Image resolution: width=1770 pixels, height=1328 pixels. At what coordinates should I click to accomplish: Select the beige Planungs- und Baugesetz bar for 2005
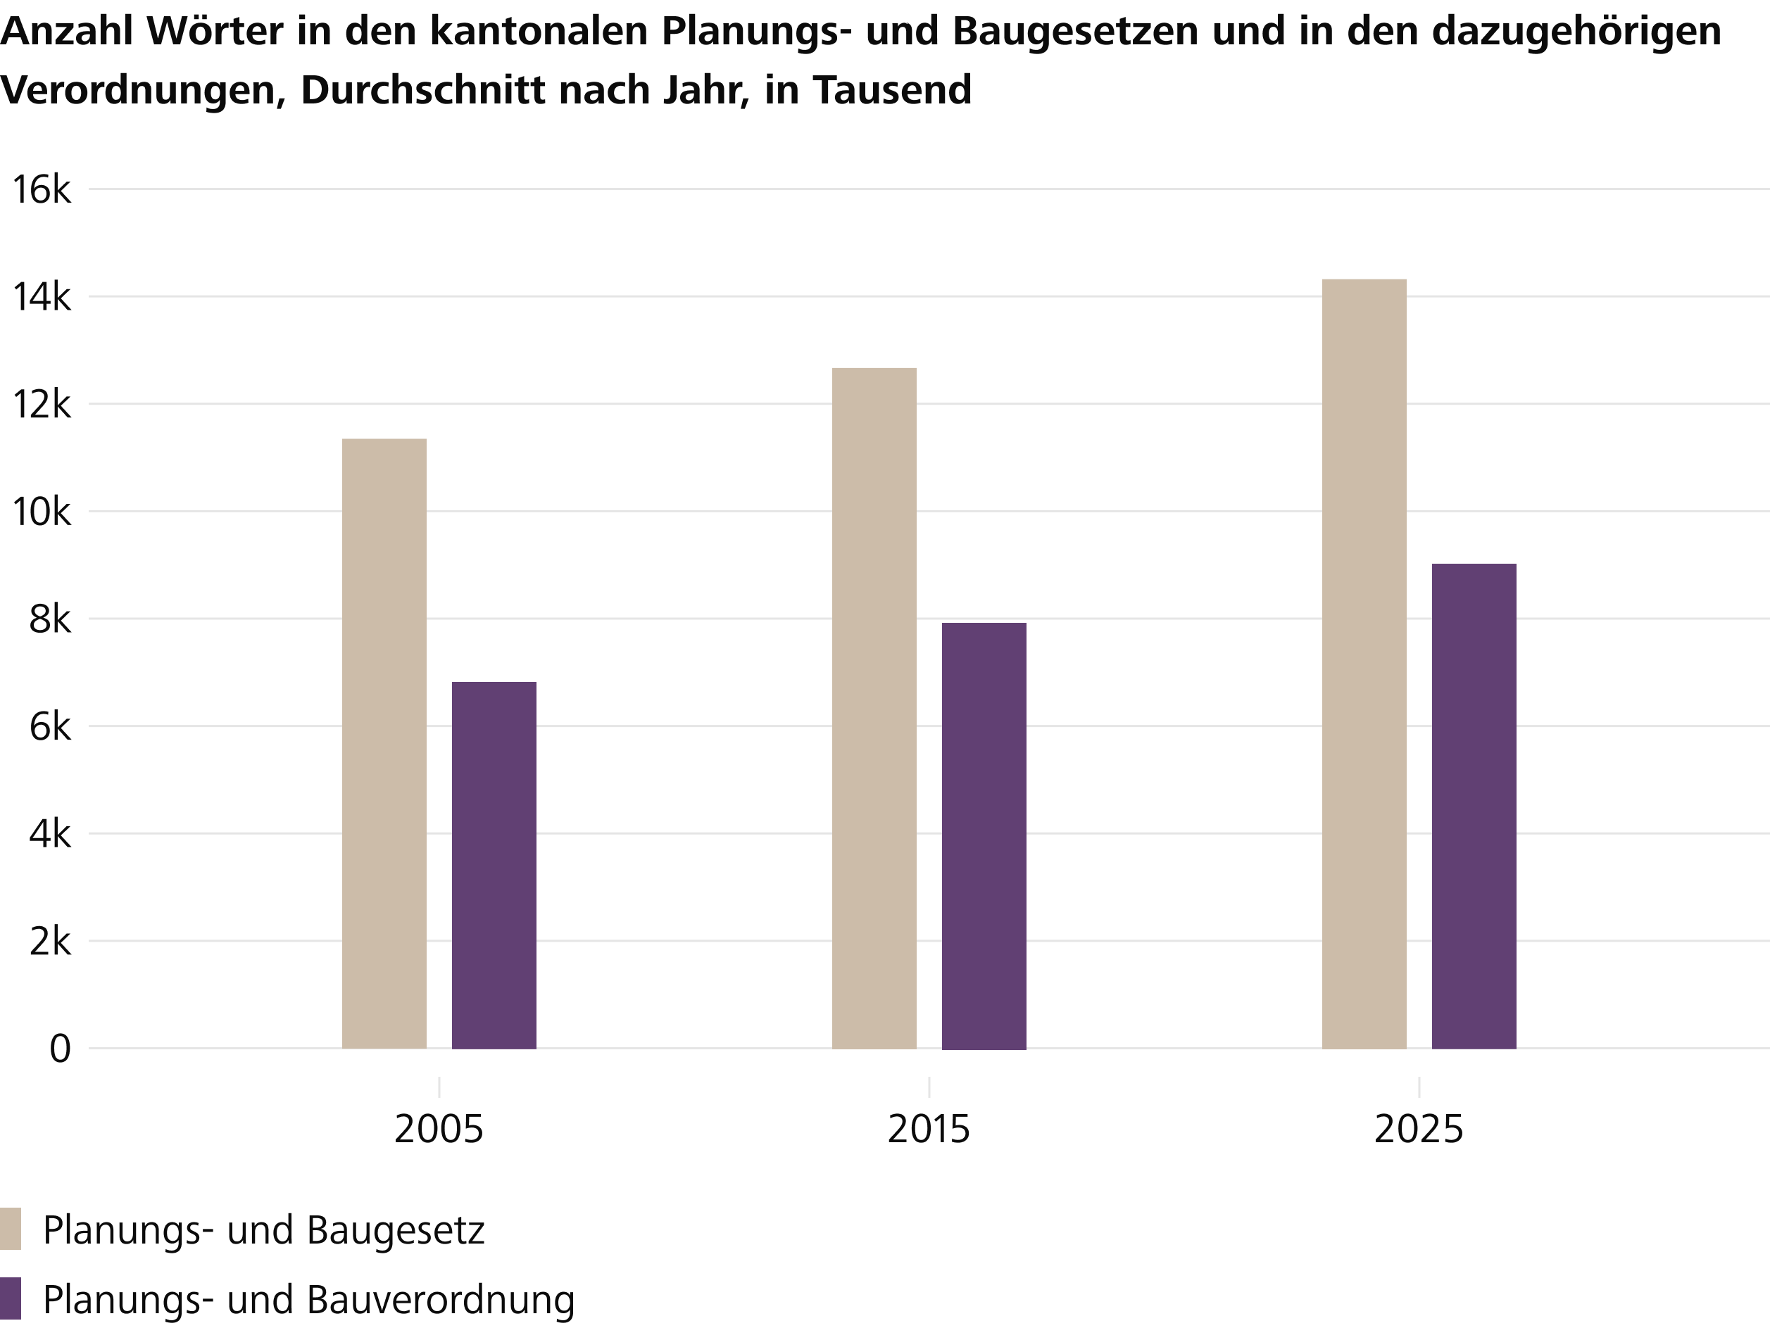pyautogui.click(x=384, y=743)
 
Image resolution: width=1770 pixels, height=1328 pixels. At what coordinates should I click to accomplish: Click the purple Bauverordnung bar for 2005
pyautogui.click(x=494, y=865)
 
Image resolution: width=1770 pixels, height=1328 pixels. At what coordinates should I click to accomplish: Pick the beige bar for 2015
pyautogui.click(x=874, y=708)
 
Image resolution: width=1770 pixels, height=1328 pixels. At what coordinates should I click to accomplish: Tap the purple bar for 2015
pyautogui.click(x=984, y=836)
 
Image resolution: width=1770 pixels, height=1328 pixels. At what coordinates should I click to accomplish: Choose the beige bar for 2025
pyautogui.click(x=1364, y=664)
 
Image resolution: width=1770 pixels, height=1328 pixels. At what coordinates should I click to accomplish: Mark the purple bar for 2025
pyautogui.click(x=1474, y=807)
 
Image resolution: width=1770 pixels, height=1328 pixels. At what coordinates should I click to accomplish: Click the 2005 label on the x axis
pyautogui.click(x=439, y=1130)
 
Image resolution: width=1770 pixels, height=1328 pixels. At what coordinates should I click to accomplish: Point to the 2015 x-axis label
pyautogui.click(x=929, y=1130)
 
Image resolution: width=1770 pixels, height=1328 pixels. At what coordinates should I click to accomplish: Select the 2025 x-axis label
pyautogui.click(x=1419, y=1130)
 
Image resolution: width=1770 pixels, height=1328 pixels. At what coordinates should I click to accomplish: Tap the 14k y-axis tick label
pyautogui.click(x=42, y=298)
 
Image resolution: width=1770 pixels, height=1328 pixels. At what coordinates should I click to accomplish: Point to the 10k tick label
pyautogui.click(x=42, y=512)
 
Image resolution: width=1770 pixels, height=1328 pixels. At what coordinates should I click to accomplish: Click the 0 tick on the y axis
pyautogui.click(x=60, y=1049)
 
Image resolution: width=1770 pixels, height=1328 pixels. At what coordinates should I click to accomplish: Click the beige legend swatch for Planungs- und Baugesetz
pyautogui.click(x=11, y=1229)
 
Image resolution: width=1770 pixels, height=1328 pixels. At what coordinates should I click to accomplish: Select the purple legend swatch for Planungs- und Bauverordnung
pyautogui.click(x=11, y=1298)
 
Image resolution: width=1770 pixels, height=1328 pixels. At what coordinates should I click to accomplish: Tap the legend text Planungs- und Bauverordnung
pyautogui.click(x=309, y=1300)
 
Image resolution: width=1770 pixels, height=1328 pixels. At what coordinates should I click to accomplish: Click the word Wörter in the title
pyautogui.click(x=216, y=32)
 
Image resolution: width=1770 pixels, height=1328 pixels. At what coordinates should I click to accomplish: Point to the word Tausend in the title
pyautogui.click(x=892, y=89)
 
